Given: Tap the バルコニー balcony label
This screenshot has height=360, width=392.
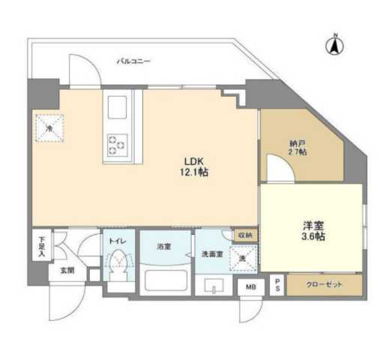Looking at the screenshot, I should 134,62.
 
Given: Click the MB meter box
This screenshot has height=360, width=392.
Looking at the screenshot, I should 247,286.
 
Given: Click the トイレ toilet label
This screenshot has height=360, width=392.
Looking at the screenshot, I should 116,241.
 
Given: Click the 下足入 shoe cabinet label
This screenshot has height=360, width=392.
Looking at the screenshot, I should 43,246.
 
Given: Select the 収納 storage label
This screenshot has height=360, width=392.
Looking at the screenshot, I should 245,235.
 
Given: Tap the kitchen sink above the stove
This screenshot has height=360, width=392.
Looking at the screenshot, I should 118,109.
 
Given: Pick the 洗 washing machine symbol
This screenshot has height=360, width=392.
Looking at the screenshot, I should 242,259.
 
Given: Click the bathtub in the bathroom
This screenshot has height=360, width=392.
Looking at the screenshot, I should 164,282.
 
